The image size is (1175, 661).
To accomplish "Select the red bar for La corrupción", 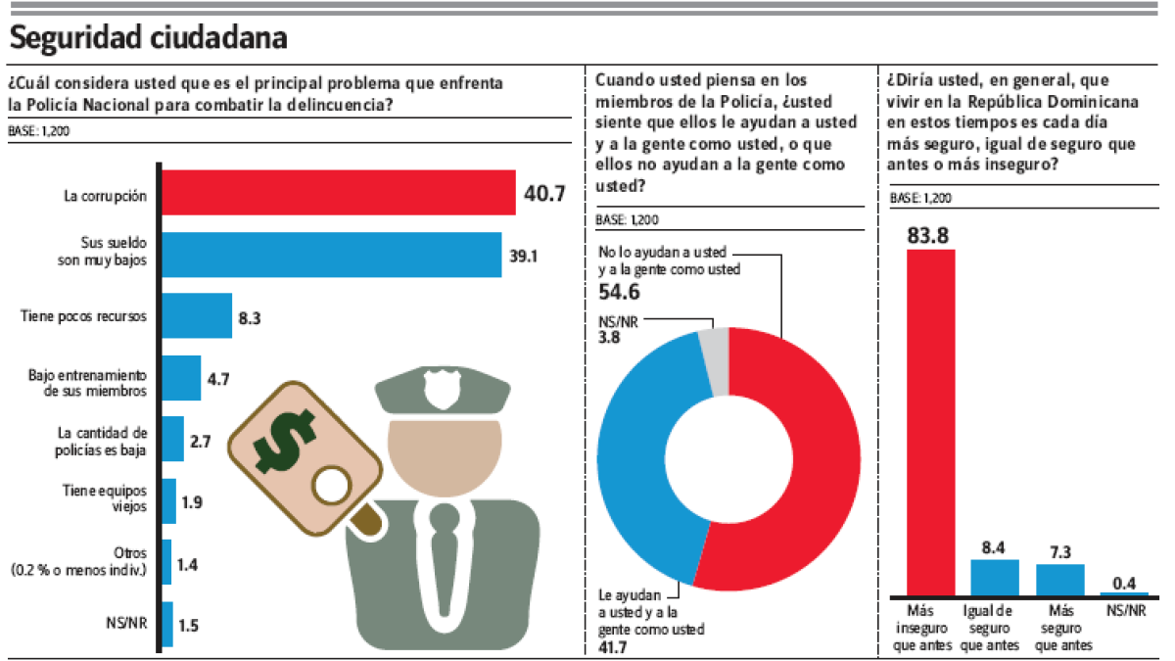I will [x=338, y=192].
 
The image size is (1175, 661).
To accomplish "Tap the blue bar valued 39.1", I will [x=331, y=255].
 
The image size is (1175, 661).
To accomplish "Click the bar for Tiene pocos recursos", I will [x=196, y=316].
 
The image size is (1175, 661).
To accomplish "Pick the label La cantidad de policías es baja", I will [x=102, y=441].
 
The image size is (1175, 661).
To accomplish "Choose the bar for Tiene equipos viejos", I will [x=168, y=502].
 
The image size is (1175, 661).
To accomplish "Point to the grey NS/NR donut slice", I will [x=714, y=360].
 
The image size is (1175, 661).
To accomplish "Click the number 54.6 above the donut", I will [x=619, y=291].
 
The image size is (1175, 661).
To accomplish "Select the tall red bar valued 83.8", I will [x=930, y=421].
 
